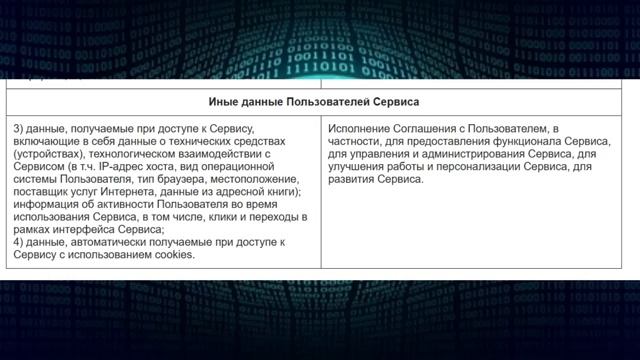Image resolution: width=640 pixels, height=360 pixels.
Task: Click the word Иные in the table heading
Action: pos(223,103)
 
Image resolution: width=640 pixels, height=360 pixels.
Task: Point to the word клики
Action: pos(215,217)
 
